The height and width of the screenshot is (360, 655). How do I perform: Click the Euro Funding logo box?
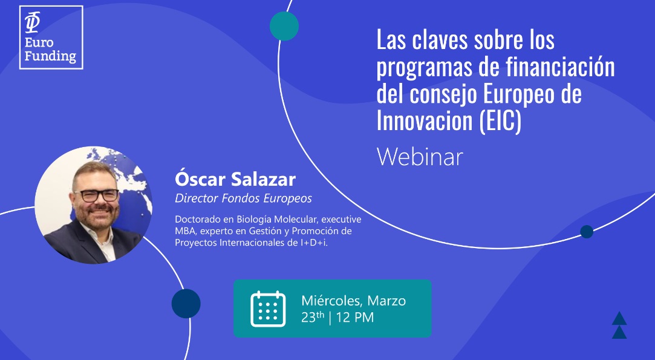click(x=51, y=38)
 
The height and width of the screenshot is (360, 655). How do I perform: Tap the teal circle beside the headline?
click(x=284, y=26)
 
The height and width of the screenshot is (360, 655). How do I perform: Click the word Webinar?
click(x=420, y=157)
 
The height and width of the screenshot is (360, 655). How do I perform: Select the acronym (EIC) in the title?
click(x=500, y=120)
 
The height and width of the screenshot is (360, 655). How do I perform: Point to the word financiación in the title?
click(x=560, y=67)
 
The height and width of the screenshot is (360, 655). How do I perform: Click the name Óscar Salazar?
click(x=235, y=179)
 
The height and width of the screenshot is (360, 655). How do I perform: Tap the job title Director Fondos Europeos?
click(x=243, y=198)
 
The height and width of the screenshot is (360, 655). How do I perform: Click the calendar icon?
click(x=268, y=309)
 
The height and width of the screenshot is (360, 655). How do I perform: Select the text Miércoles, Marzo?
click(x=353, y=301)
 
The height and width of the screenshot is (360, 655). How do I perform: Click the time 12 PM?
click(x=354, y=318)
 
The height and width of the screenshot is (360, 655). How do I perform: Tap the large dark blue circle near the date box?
click(x=186, y=304)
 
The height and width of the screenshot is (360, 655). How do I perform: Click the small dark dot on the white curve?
click(x=587, y=232)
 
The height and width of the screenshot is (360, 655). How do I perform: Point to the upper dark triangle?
click(x=619, y=319)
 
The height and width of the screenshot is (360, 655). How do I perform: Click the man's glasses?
click(x=97, y=195)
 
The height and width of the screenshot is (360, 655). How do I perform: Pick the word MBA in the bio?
click(x=183, y=231)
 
